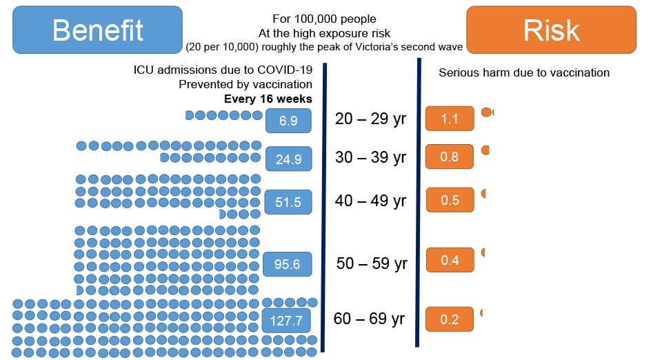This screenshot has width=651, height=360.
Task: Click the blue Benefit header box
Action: click(x=98, y=30)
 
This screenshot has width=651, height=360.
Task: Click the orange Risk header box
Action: click(x=551, y=30)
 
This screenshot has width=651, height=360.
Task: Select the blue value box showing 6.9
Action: click(x=288, y=121)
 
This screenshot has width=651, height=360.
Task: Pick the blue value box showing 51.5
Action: click(x=288, y=202)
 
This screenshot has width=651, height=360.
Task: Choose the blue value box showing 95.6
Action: click(x=288, y=264)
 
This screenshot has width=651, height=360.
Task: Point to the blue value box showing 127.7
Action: click(x=286, y=321)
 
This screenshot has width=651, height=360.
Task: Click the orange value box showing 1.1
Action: click(x=450, y=119)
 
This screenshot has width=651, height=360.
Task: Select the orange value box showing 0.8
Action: click(x=450, y=157)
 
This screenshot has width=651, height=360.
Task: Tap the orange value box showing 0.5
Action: click(x=450, y=200)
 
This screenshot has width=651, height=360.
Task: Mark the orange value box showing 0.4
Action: click(x=450, y=260)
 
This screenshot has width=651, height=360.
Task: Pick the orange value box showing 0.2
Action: click(x=450, y=319)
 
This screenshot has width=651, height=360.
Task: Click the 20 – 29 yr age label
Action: click(x=370, y=119)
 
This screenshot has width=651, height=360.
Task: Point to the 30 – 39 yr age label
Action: click(x=370, y=157)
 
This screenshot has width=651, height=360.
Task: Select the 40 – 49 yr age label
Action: click(x=370, y=201)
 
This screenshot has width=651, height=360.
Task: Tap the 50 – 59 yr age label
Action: click(x=372, y=264)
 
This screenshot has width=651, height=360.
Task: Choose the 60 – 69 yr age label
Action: click(x=369, y=319)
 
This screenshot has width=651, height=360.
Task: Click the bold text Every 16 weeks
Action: click(x=268, y=99)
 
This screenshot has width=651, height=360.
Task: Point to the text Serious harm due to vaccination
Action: click(x=524, y=72)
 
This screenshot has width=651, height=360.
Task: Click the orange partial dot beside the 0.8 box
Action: click(x=485, y=150)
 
